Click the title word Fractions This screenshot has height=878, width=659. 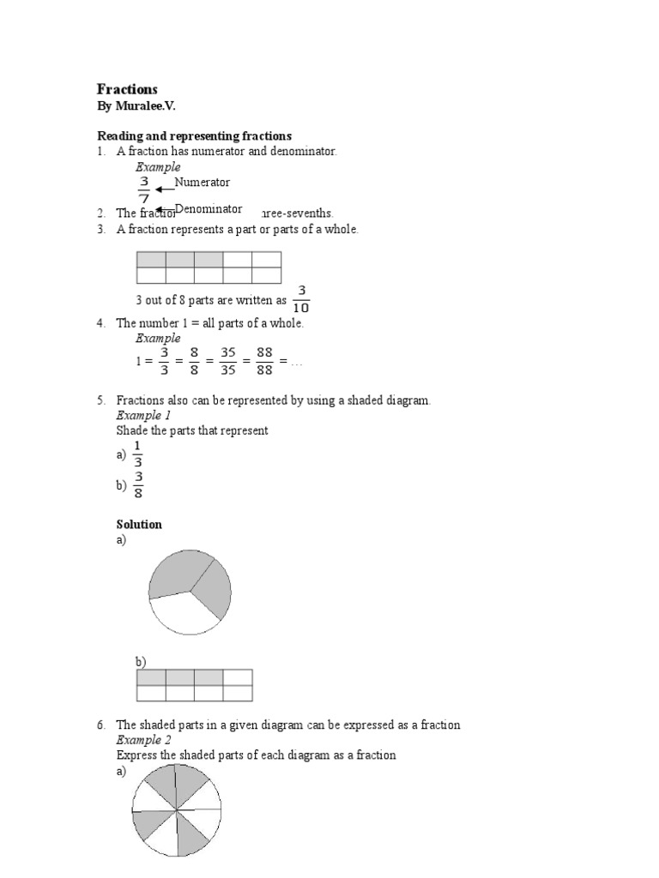point(127,89)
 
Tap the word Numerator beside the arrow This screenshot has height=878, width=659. point(203,182)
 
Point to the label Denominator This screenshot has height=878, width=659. point(209,208)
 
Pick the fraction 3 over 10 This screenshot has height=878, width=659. point(301,299)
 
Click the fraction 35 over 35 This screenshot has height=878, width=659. point(227,361)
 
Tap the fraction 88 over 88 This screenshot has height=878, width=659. point(264,361)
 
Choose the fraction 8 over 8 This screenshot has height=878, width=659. point(194,361)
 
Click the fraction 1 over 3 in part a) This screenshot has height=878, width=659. point(137,454)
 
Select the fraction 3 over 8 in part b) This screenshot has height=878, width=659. point(138,484)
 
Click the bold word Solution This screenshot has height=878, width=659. point(139,524)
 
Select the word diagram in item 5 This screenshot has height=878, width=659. point(408,400)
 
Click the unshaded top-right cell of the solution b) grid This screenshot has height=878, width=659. point(238,677)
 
